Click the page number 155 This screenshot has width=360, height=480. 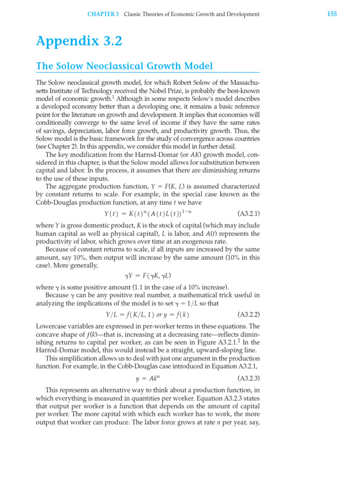tap(331, 14)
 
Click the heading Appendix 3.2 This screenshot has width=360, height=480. tap(79, 41)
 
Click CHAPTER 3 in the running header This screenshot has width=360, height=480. tap(103, 15)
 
